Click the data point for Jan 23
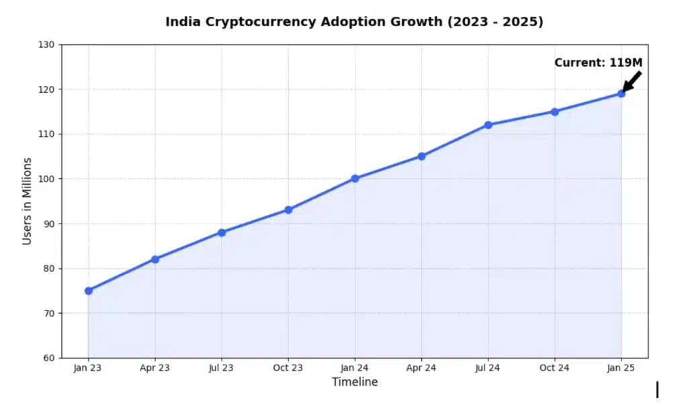[89, 291]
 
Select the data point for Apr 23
[155, 259]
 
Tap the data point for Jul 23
[222, 232]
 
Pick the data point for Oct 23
[288, 210]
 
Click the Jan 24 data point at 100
[355, 179]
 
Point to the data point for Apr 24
[421, 156]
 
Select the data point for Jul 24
[488, 125]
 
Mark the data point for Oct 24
[554, 111]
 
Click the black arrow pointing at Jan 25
[632, 81]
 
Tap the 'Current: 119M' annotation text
[598, 62]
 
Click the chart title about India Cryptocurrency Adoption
[354, 21]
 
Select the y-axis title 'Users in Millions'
[27, 201]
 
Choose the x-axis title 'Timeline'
[355, 382]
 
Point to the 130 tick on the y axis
[49, 45]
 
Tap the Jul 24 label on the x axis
[488, 368]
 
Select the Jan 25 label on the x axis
[621, 368]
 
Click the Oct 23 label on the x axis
[288, 368]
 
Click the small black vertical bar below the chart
[657, 390]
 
